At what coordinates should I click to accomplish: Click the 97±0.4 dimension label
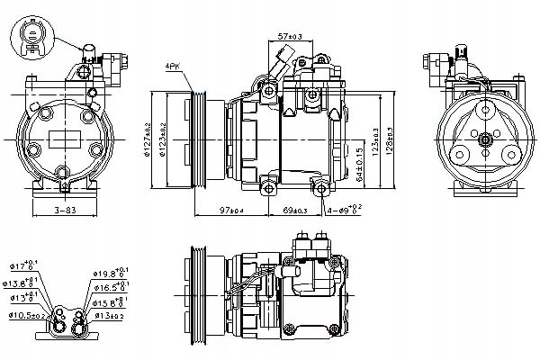click(x=231, y=211)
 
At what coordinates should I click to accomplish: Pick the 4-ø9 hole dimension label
click(x=345, y=211)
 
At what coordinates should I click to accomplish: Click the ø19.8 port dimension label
click(x=109, y=271)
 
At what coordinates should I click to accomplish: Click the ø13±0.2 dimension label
click(x=109, y=316)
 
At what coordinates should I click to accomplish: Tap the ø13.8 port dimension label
click(x=23, y=283)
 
